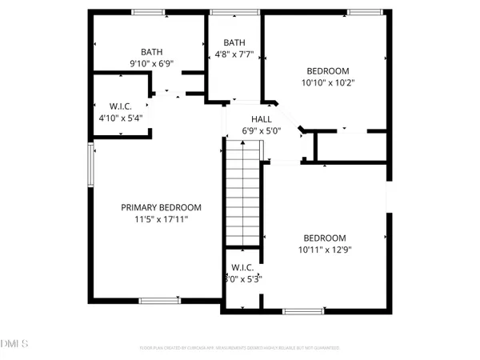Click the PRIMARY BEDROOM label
[x=161, y=207]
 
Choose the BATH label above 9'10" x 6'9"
[x=151, y=51]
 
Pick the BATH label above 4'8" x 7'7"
[x=234, y=43]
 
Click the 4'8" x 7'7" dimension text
[x=234, y=55]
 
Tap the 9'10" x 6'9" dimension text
[x=151, y=63]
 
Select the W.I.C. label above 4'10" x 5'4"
[x=120, y=106]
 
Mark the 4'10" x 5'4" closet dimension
[x=120, y=118]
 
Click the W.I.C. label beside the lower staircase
[x=242, y=267]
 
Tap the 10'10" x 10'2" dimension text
[x=327, y=82]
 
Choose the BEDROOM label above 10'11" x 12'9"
[x=324, y=238]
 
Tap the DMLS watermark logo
[x=14, y=343]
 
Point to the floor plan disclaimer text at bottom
[x=239, y=348]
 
